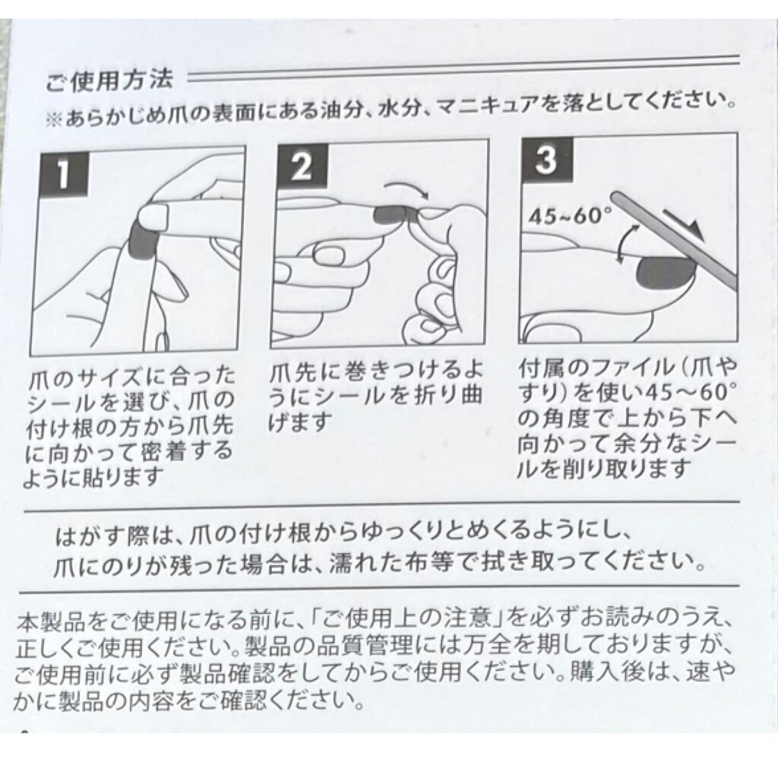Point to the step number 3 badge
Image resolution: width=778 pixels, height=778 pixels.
coord(546,160)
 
